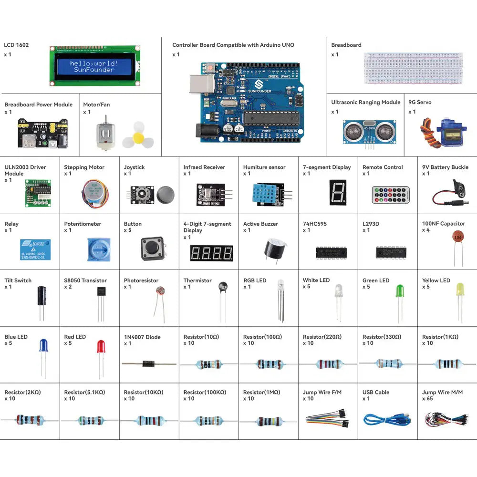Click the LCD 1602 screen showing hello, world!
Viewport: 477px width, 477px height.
click(x=95, y=66)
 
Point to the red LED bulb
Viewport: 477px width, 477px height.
click(x=101, y=346)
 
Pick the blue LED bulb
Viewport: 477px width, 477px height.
click(x=43, y=345)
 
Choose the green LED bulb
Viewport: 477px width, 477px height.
click(x=400, y=290)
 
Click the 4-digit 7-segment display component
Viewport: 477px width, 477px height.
click(x=211, y=253)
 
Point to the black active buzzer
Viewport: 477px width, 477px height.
click(x=275, y=248)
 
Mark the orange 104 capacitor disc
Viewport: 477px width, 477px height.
click(x=458, y=237)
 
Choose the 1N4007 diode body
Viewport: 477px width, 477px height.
click(x=143, y=363)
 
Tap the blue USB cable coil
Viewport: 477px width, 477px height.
click(x=381, y=420)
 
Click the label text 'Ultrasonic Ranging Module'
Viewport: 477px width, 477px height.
click(x=366, y=103)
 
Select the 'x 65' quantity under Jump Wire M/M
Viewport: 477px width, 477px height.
click(x=427, y=399)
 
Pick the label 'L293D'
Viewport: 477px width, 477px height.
click(x=371, y=224)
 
